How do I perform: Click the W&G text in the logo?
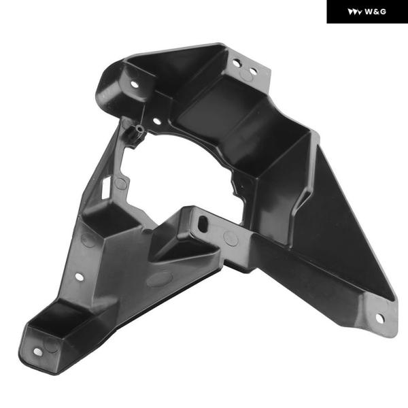(375, 12)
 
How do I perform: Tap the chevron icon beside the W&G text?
(355, 12)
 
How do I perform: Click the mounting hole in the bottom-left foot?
(38, 352)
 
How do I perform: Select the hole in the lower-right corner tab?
(379, 318)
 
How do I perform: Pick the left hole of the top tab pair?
(237, 63)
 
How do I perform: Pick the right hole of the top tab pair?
(253, 71)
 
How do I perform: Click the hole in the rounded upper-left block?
(134, 84)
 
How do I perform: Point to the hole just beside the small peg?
(157, 121)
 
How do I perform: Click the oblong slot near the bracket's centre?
(203, 224)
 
